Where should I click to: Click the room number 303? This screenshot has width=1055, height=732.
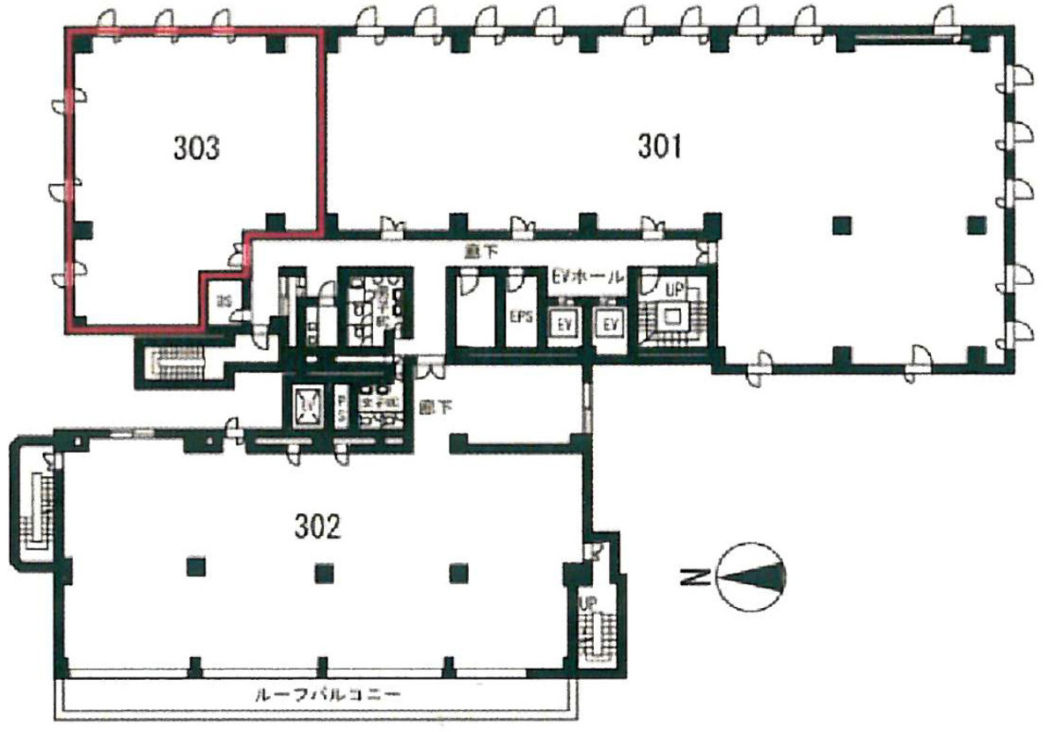195,149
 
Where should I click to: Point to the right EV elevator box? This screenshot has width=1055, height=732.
611,325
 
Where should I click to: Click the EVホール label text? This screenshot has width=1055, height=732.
587,277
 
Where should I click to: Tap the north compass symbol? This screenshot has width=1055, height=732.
751,576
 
